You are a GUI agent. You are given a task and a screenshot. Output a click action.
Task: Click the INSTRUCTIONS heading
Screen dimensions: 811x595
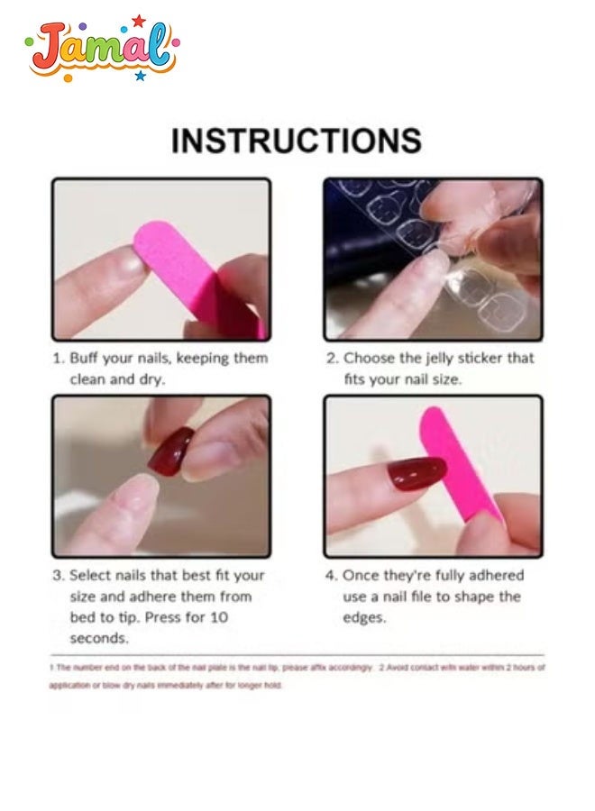[297, 141]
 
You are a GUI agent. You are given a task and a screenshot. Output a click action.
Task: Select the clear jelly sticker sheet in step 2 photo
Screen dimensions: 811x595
[397, 225]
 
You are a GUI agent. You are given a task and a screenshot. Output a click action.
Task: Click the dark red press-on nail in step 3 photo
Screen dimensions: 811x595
[170, 451]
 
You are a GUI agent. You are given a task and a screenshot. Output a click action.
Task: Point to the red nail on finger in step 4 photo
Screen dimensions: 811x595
[416, 474]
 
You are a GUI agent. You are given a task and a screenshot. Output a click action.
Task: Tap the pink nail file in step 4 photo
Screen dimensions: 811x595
[465, 469]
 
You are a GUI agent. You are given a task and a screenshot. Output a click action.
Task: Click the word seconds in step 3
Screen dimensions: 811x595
[98, 639]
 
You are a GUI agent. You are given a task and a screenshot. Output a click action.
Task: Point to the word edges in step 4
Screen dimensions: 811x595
[364, 618]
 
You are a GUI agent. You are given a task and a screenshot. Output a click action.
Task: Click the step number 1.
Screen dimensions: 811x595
[56, 358]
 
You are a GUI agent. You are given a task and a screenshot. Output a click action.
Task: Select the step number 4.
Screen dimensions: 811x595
[329, 575]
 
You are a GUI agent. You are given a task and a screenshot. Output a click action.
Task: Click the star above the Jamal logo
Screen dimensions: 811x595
[138, 20]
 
